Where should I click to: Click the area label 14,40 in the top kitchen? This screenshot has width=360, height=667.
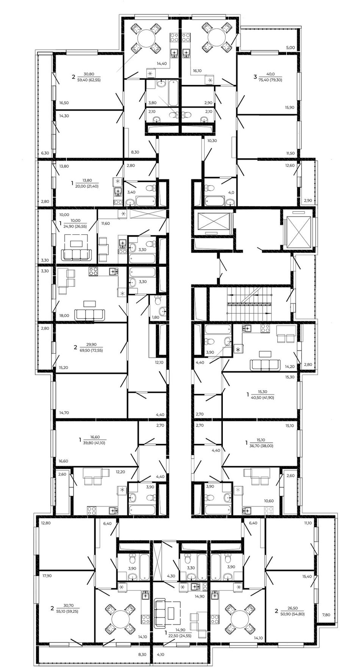point(162,64)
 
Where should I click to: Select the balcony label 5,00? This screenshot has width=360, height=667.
point(290,48)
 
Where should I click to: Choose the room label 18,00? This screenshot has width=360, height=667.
point(64,315)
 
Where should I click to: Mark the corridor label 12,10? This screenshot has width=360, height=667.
point(160,362)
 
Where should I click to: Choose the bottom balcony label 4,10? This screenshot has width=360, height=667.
point(161,654)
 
